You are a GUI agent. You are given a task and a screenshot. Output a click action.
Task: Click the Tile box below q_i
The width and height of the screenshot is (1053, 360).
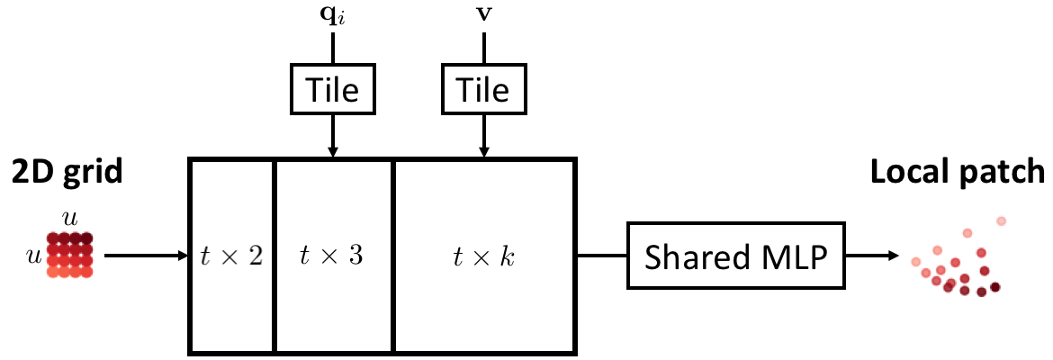point(333,90)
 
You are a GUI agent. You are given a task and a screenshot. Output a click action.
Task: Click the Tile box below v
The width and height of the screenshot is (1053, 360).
point(485,90)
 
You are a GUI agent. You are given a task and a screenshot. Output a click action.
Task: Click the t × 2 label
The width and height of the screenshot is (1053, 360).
point(231,256)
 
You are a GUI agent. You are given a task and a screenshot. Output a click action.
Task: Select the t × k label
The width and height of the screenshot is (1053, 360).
point(483,256)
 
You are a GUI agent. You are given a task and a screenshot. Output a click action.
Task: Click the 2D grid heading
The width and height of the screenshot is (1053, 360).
point(67,172)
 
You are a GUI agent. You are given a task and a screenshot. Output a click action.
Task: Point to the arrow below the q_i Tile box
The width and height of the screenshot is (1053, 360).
point(333,135)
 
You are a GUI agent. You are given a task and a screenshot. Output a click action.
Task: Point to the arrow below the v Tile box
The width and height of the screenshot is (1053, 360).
point(485,135)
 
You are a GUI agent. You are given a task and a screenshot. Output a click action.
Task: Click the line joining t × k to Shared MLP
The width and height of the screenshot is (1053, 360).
point(600,256)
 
